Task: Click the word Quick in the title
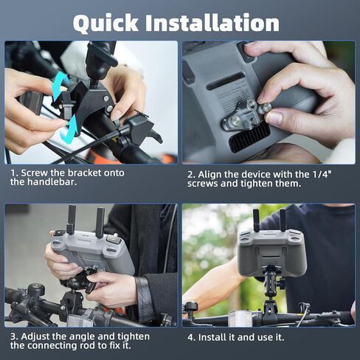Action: tap(105, 24)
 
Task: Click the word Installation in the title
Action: tap(212, 23)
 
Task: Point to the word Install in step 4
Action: tap(212, 337)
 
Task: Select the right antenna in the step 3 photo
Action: tap(100, 223)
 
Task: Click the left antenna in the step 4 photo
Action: tap(256, 221)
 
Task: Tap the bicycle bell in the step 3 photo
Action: tap(36, 290)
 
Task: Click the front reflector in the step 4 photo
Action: tap(240, 319)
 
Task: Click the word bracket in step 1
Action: tap(84, 173)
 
